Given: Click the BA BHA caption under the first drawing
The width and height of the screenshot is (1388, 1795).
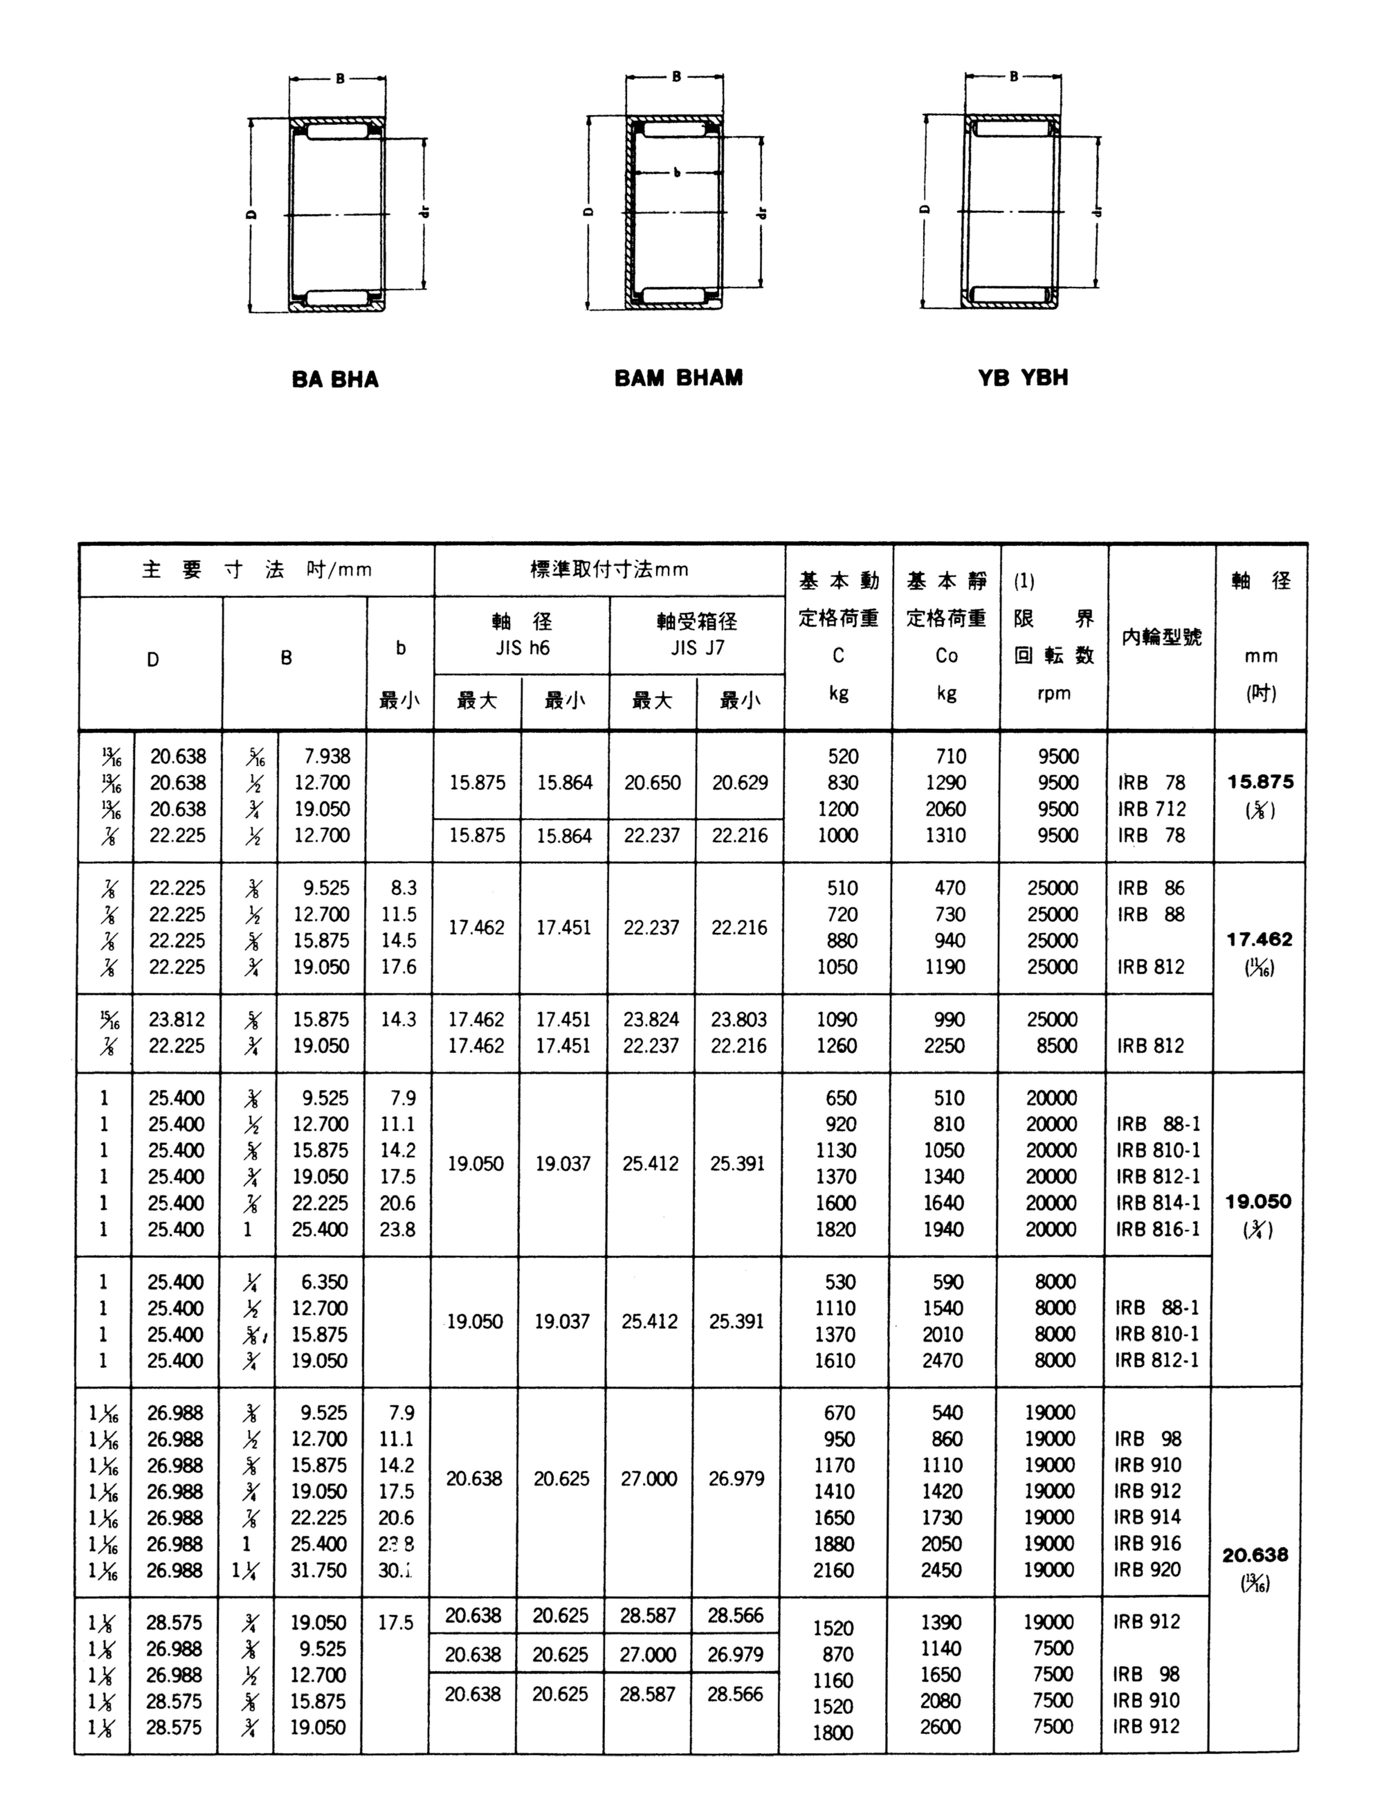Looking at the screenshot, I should coord(335,380).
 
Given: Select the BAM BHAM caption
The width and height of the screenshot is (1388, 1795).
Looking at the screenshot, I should coord(679,378).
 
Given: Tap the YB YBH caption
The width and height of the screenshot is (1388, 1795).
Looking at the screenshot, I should coord(1023,378).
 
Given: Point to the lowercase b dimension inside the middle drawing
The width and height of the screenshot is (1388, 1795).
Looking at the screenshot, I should coord(676,173).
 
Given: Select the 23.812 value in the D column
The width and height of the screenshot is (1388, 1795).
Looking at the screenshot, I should coord(177,1019).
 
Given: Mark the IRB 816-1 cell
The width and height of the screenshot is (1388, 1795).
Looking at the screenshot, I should coord(1157,1230).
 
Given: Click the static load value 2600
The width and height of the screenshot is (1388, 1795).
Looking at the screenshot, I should coord(940,1727).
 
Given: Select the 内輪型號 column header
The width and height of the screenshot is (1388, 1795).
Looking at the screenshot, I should coord(1161,637).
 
